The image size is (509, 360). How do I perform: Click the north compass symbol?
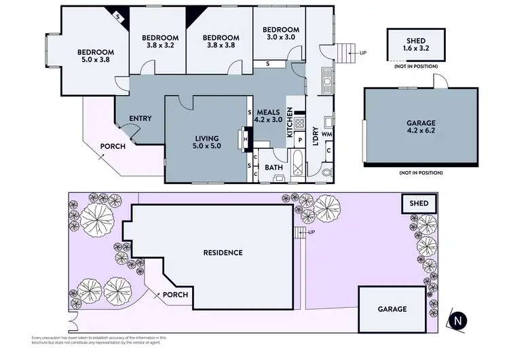pyautogui.click(x=460, y=321)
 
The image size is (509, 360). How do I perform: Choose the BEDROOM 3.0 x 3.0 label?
pyautogui.click(x=281, y=34)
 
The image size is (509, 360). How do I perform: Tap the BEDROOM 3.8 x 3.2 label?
pyautogui.click(x=161, y=41)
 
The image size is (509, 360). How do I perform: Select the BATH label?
pyautogui.click(x=274, y=167)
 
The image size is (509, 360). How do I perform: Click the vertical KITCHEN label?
pyautogui.click(x=290, y=123)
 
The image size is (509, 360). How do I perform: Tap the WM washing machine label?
pyautogui.click(x=327, y=134)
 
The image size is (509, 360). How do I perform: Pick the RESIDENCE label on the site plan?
pyautogui.click(x=223, y=253)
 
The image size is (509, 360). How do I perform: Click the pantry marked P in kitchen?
pyautogui.click(x=299, y=139)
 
